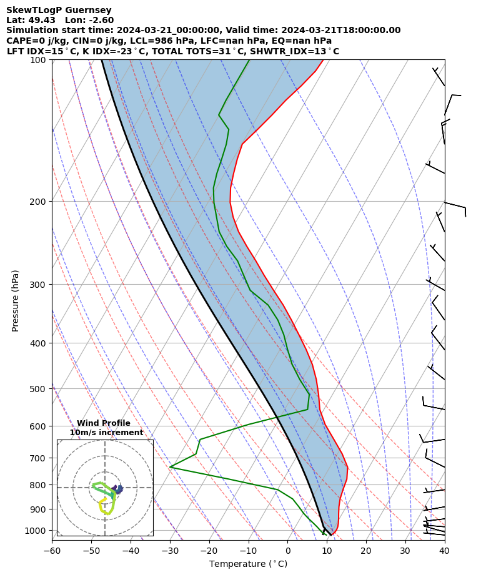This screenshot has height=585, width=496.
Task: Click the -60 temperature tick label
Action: (52, 551)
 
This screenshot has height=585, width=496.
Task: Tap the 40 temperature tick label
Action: (444, 551)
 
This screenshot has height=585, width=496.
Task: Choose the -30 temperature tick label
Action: (170, 551)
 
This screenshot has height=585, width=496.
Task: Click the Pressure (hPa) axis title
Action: (16, 300)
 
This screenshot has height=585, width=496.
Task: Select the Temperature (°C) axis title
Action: (248, 564)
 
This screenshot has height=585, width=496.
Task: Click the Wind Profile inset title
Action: (104, 423)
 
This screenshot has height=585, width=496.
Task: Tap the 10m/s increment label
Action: (106, 433)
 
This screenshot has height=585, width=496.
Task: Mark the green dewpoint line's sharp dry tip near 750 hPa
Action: (170, 467)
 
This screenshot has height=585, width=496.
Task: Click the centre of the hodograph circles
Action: (105, 488)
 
